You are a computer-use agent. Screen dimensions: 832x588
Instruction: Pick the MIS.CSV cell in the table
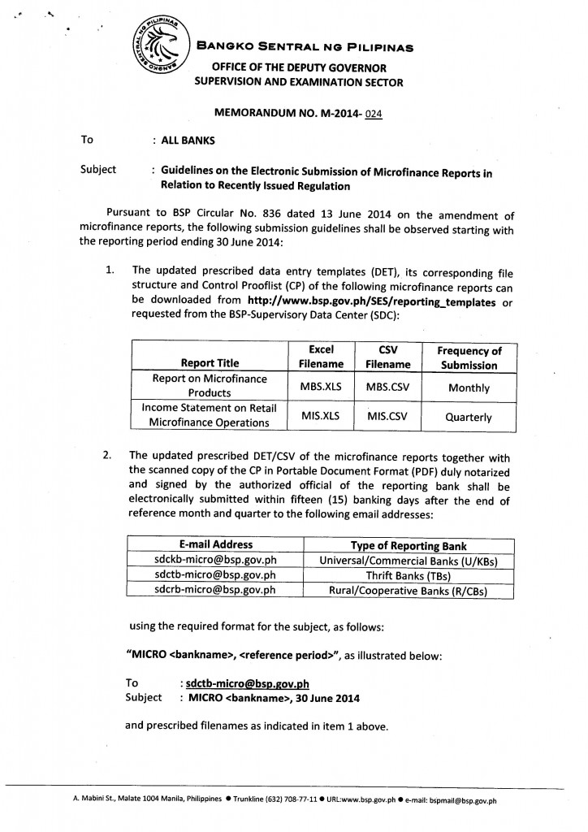(x=387, y=416)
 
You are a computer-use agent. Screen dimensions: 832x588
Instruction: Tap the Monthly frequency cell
(x=469, y=388)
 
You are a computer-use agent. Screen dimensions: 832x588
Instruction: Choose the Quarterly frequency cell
(x=469, y=417)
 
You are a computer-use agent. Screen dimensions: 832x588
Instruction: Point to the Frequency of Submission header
(x=469, y=357)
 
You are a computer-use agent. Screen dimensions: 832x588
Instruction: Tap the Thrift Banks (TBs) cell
(x=408, y=576)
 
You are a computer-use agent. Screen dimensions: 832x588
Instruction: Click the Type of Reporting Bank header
(x=408, y=545)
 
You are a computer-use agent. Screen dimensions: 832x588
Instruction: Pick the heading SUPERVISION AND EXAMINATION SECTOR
(x=297, y=82)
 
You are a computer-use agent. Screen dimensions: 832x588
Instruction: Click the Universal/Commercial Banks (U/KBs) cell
(x=408, y=561)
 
